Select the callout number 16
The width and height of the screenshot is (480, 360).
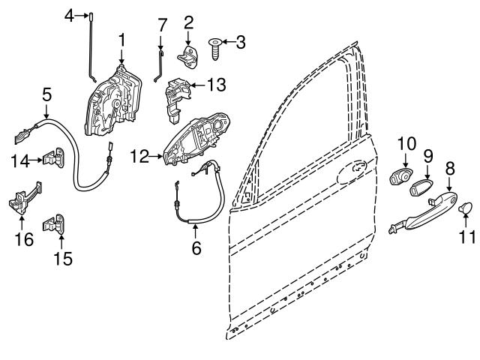point(24,240)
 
